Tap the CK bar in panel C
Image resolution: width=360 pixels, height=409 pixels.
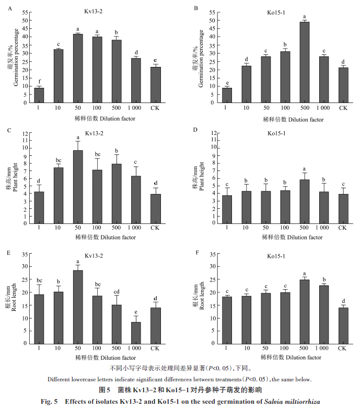pos(155,209)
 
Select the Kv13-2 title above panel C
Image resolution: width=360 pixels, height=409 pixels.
pos(97,133)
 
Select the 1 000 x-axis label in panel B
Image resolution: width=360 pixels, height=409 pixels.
pos(323,108)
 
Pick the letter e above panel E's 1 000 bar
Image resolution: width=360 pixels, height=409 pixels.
pos(135,312)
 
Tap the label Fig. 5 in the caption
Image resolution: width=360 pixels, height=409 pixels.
pos(50,401)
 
